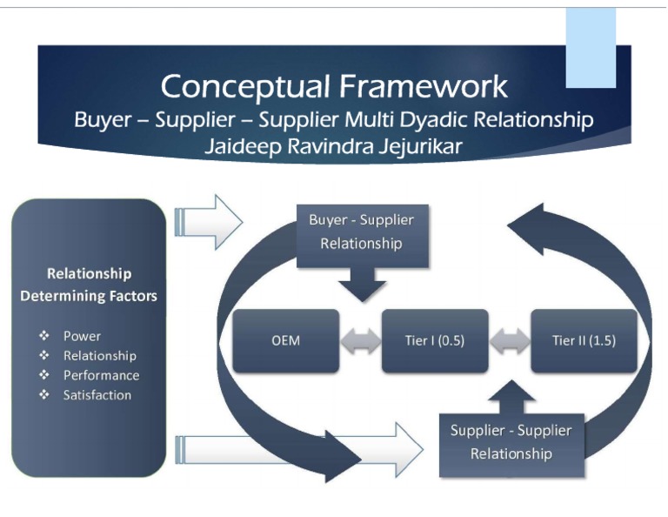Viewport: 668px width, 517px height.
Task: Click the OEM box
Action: tap(286, 340)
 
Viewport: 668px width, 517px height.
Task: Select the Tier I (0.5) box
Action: tap(435, 340)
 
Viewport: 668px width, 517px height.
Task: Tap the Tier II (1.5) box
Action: tap(584, 340)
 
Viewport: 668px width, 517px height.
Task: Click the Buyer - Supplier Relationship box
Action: tap(361, 232)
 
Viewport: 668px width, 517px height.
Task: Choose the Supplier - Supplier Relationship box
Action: tap(511, 442)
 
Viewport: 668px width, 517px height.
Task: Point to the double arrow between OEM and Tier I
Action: tap(361, 340)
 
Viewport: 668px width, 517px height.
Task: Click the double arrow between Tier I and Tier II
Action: tap(510, 340)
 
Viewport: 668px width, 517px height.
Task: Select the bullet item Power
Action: tap(82, 336)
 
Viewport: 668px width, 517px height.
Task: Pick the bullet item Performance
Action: tap(101, 375)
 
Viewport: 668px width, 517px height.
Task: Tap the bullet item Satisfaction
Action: tap(97, 395)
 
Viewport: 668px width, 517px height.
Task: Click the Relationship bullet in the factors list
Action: tap(99, 356)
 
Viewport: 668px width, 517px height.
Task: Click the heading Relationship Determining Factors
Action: tap(89, 285)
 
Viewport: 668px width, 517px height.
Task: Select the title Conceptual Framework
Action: tap(334, 86)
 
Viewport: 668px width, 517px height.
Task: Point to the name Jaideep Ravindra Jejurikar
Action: tap(333, 146)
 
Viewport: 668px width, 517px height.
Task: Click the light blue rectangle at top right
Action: tap(591, 48)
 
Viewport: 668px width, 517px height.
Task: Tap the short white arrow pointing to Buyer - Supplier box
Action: tap(209, 222)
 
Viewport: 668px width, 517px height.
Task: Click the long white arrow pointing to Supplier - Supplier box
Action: tap(296, 449)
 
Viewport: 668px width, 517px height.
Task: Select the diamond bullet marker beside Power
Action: tap(43, 336)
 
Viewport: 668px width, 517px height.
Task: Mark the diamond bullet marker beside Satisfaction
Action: tap(43, 395)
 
